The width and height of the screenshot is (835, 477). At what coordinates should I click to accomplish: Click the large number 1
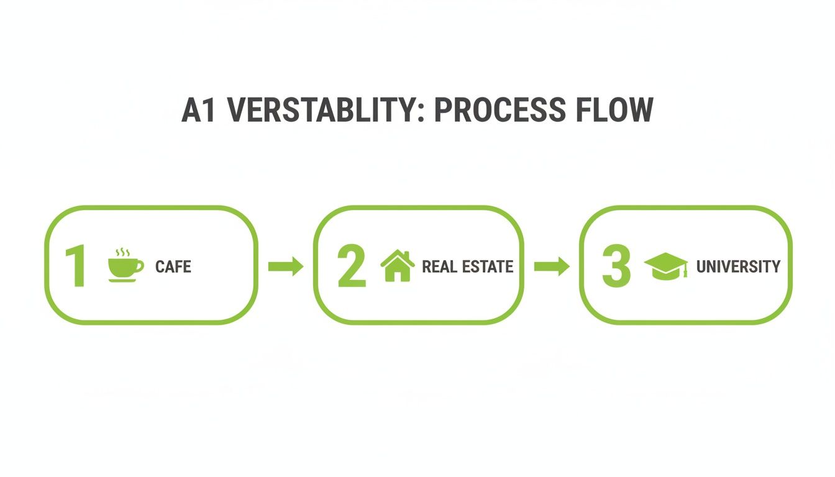point(76,266)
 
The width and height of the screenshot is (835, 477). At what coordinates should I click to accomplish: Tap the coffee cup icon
point(124,267)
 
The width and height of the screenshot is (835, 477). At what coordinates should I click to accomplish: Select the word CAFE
point(173,267)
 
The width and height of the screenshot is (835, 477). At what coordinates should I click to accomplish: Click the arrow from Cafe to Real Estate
point(285,266)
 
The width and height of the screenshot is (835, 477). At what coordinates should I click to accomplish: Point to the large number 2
point(352,266)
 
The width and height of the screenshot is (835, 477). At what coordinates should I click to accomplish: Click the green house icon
point(398,266)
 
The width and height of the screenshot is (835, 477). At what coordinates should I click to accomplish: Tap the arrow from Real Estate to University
point(552,266)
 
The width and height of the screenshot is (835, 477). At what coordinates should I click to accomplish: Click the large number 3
point(616,266)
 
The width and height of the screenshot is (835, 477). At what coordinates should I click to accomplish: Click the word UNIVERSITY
point(738,267)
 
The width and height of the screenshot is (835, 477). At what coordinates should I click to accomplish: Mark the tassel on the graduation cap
point(685,271)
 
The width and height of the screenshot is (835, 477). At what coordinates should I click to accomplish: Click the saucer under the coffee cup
point(122,281)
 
